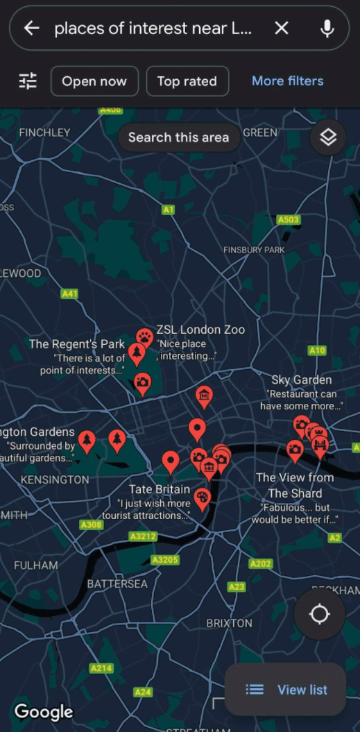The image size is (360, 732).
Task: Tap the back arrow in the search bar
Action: [32, 28]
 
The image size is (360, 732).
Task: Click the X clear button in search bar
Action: [281, 28]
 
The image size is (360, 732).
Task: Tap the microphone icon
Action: [327, 28]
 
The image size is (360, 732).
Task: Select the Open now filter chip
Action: [94, 81]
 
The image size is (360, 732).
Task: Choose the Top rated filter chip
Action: [187, 81]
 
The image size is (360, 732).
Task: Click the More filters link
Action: [287, 81]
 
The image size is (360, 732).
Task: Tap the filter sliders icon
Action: [28, 81]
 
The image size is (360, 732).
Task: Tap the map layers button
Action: [328, 137]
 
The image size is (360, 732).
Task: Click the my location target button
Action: [319, 614]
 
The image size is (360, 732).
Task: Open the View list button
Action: [286, 689]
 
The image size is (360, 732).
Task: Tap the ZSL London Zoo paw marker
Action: [144, 338]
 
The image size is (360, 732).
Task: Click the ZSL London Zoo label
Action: [200, 330]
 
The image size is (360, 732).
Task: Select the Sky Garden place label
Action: [301, 380]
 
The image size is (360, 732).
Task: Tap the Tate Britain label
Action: [160, 490]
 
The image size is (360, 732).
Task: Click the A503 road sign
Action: [288, 220]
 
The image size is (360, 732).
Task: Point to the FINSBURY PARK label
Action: [254, 250]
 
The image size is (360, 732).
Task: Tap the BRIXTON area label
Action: [229, 623]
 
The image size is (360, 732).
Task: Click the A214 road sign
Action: [101, 668]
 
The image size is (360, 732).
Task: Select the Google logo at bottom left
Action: [43, 711]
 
